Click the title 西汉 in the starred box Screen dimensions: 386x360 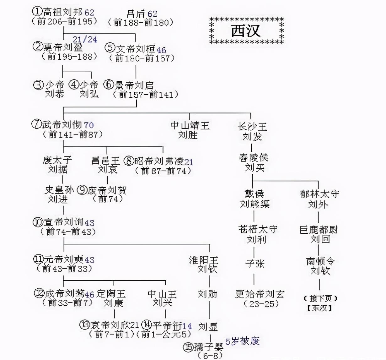point(246,31)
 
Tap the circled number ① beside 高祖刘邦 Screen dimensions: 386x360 point(37,11)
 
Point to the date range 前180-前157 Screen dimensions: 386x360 point(142,58)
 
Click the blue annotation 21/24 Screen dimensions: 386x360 point(85,40)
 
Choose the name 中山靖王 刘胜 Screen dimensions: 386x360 point(190,130)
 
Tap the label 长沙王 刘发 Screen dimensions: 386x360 point(252,132)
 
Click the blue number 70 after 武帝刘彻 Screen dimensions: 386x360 point(89,125)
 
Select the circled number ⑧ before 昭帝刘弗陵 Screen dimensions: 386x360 point(129,161)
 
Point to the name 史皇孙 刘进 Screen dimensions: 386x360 point(59,194)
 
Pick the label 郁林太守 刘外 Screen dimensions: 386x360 point(319,199)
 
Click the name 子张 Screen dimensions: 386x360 point(255,264)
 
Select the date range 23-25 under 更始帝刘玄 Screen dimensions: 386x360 point(261,304)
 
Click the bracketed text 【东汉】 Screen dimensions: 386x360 point(320,308)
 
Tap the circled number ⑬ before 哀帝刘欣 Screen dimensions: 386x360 point(85,325)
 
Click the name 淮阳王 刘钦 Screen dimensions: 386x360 point(203,265)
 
